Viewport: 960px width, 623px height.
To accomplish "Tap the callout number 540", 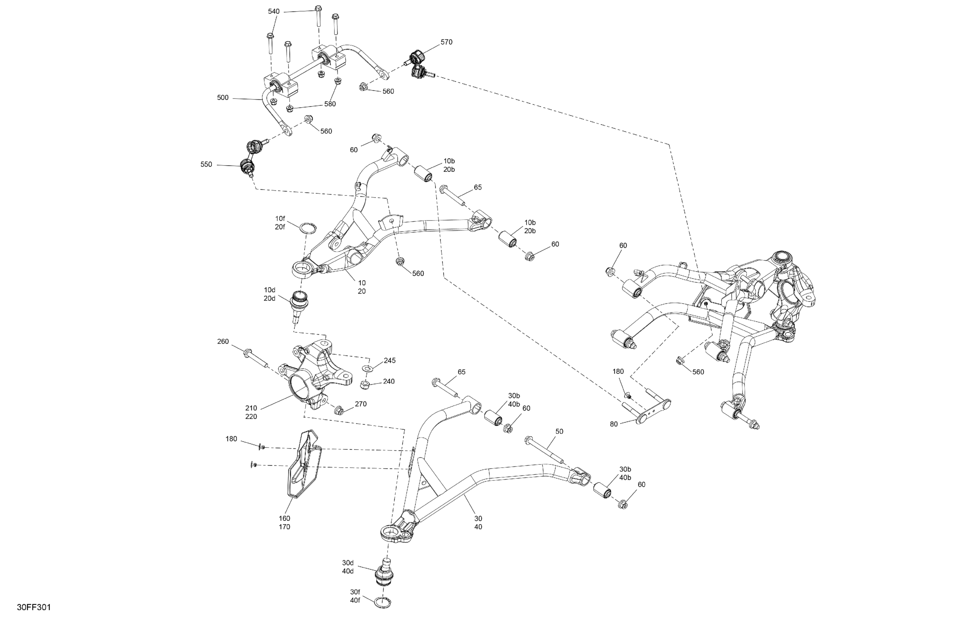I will (x=274, y=11).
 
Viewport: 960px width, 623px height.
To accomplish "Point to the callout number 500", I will (x=223, y=98).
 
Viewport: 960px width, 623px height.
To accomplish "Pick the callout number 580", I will (x=330, y=104).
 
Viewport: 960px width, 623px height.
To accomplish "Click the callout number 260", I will (x=223, y=342).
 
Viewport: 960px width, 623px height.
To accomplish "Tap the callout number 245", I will (x=389, y=361).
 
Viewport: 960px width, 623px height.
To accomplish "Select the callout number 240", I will (x=388, y=381).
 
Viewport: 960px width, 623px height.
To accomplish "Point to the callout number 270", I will (x=361, y=404).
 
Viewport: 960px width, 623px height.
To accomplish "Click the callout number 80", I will (x=614, y=424).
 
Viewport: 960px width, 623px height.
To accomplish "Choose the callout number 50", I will (x=559, y=432).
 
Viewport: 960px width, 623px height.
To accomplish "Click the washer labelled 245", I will (x=368, y=368).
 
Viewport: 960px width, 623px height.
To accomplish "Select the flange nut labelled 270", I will (x=339, y=410).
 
